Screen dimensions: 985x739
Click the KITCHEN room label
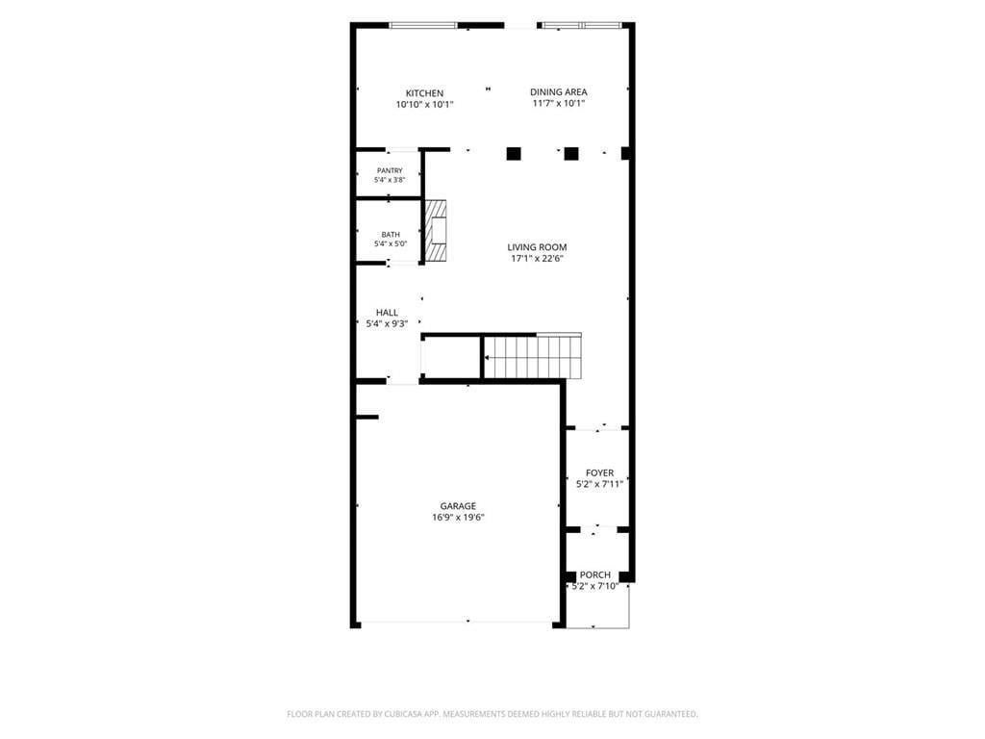coord(424,93)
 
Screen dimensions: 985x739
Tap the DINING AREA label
coord(559,91)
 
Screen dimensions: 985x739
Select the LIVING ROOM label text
coord(537,247)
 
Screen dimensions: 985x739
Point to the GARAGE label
coord(458,506)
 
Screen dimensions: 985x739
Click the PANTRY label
coord(390,171)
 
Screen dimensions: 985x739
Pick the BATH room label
coord(391,235)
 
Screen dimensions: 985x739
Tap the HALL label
coord(387,313)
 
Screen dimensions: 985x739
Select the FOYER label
coord(600,472)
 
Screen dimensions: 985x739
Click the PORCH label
coord(594,574)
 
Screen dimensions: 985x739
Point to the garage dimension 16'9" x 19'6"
coord(458,518)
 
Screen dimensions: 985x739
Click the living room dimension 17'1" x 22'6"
coord(537,258)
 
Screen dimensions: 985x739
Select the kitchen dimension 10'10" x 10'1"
coord(424,105)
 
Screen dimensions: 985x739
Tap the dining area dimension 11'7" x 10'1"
coord(559,104)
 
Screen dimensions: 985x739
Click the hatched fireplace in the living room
coord(436,231)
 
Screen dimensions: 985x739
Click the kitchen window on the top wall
coord(423,25)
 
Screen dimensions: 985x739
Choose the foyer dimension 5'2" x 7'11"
coord(600,485)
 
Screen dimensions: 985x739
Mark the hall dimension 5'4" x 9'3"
coord(387,324)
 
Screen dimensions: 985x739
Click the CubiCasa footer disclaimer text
coord(492,714)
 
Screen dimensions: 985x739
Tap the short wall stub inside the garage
coord(367,417)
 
